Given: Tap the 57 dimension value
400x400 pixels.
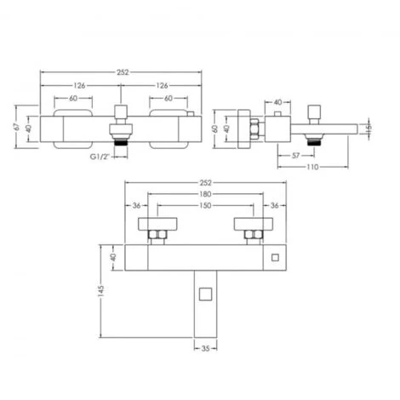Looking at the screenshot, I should [294, 157].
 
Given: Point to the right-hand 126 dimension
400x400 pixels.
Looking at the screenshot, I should [162, 85].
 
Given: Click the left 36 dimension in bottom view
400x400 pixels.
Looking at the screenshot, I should [136, 205].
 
